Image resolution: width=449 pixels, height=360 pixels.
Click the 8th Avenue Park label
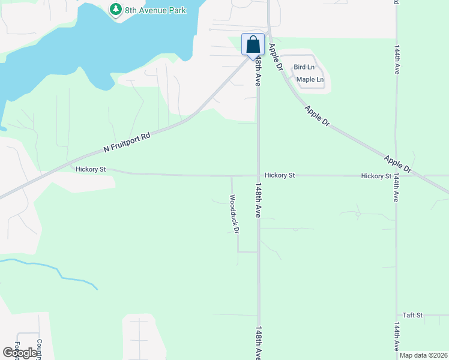(x=155, y=10)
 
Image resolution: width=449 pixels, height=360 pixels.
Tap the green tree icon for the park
(x=115, y=10)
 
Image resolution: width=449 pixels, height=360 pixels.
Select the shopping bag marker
(x=253, y=44)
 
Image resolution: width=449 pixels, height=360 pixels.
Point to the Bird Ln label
(x=304, y=67)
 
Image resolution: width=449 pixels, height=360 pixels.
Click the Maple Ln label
(x=310, y=79)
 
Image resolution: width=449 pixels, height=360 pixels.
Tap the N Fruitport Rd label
(x=126, y=141)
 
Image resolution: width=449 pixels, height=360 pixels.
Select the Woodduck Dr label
(x=235, y=213)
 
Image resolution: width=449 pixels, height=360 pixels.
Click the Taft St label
(x=413, y=315)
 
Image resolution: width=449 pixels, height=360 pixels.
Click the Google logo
(x=20, y=353)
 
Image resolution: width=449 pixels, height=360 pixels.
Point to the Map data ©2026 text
(x=423, y=355)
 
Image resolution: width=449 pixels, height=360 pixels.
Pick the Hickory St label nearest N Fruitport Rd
(x=91, y=170)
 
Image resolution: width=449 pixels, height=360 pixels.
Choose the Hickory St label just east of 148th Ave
(x=280, y=175)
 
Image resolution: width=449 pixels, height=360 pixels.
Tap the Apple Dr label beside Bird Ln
(x=276, y=58)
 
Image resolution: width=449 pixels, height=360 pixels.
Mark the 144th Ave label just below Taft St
(x=396, y=338)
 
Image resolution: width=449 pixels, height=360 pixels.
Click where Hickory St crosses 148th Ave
(x=259, y=176)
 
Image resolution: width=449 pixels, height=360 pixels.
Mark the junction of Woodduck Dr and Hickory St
(x=232, y=176)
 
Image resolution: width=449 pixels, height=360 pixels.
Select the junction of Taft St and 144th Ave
(x=396, y=315)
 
